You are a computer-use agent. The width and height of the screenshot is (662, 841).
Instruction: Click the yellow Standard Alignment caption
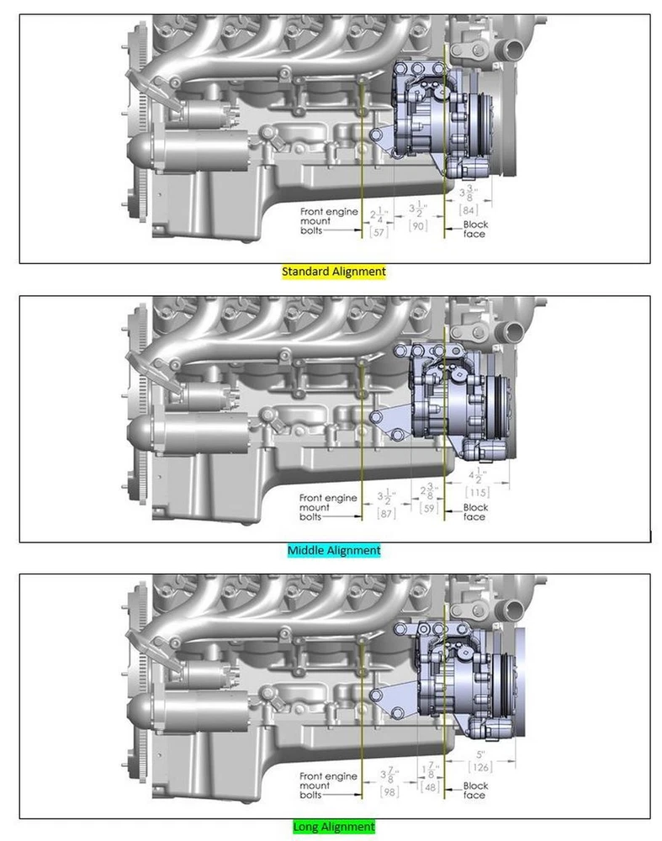point(334,272)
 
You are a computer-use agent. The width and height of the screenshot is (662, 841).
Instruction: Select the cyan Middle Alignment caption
point(334,550)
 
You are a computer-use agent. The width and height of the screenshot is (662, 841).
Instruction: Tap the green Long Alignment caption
point(334,827)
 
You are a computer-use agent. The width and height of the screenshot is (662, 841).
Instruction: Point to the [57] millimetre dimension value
point(379,232)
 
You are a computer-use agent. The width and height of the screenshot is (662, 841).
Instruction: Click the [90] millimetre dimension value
point(417,225)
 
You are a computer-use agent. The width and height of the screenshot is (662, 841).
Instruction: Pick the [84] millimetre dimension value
point(469,209)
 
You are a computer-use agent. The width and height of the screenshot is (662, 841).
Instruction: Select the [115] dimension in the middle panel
point(477,492)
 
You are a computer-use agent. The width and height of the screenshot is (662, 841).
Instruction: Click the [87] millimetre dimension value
point(386,513)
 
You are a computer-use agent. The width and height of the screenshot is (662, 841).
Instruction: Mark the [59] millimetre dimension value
point(429,507)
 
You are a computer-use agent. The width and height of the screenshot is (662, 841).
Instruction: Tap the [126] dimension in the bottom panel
point(480,768)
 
